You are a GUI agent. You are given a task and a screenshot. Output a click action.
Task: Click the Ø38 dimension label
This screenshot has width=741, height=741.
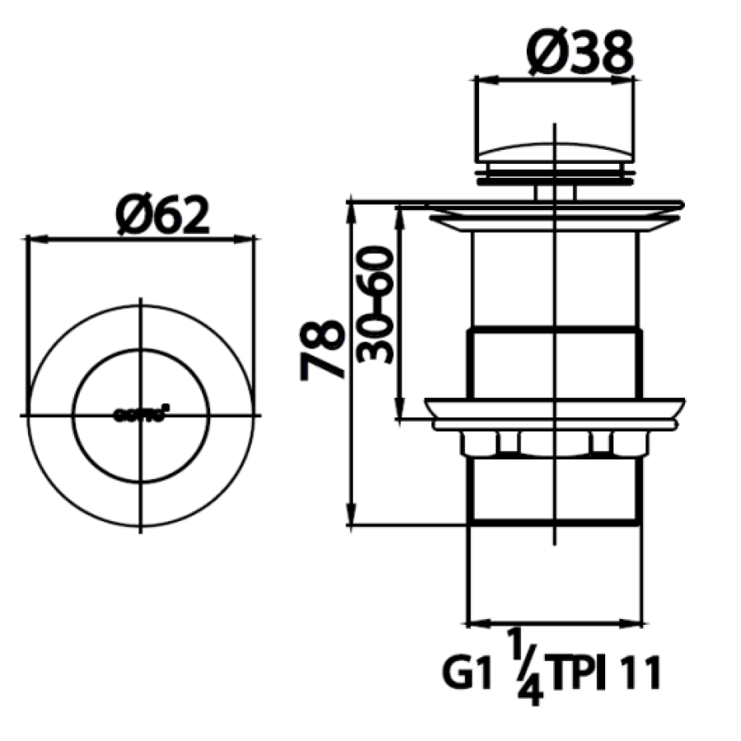pyautogui.click(x=581, y=52)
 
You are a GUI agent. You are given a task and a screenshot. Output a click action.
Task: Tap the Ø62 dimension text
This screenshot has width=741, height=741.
pyautogui.click(x=162, y=216)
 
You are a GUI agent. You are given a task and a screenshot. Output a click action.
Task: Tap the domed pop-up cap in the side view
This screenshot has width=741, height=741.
pyautogui.click(x=555, y=153)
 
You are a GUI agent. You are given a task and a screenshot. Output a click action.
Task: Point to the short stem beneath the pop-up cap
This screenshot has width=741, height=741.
pyautogui.click(x=555, y=190)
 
